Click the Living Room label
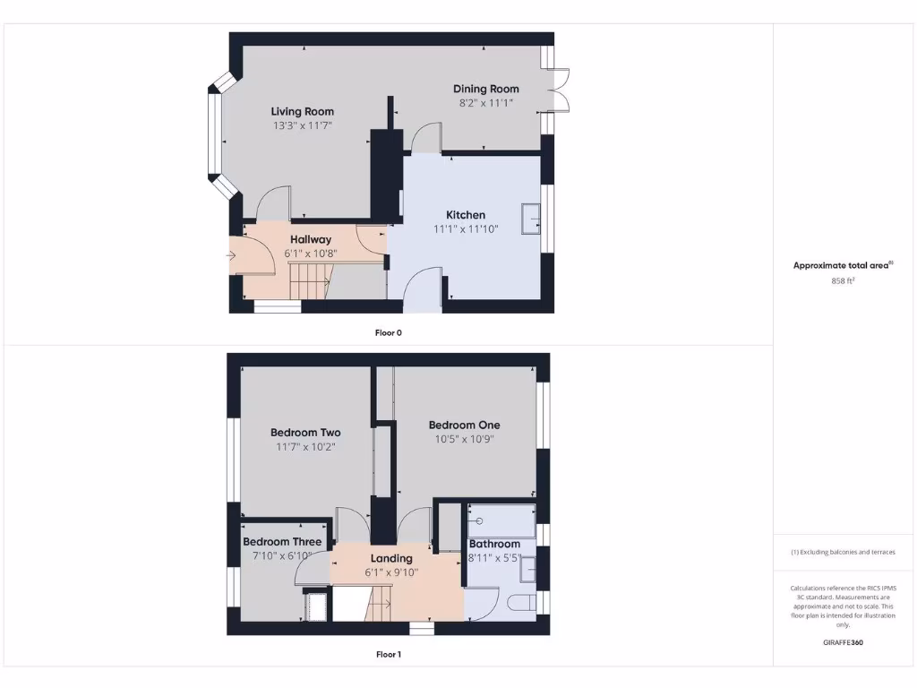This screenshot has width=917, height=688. (303, 111)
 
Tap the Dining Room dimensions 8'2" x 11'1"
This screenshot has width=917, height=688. (485, 103)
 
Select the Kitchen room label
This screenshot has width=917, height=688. (466, 215)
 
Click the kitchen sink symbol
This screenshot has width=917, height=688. (532, 217)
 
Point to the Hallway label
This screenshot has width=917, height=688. (311, 239)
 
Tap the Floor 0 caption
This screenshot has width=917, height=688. (389, 332)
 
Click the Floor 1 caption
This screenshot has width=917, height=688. (389, 655)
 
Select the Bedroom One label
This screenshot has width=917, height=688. (464, 425)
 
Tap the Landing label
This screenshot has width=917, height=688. (391, 559)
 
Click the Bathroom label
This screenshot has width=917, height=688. (494, 544)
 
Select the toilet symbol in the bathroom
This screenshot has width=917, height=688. (523, 600)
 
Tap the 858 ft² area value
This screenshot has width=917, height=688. (844, 280)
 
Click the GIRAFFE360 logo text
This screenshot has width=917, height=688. (843, 642)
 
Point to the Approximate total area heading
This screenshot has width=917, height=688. (843, 265)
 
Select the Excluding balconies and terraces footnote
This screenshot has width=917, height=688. (843, 553)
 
